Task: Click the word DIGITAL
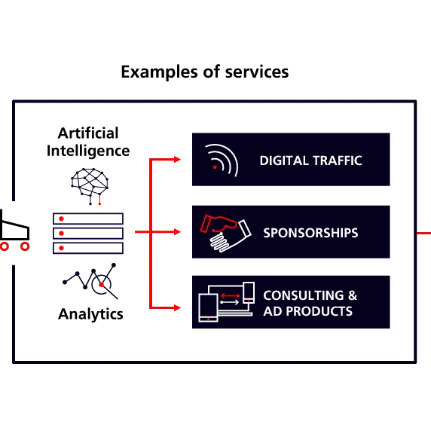pyautogui.click(x=284, y=160)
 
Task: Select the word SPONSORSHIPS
pyautogui.click(x=310, y=233)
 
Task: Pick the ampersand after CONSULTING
pyautogui.click(x=352, y=295)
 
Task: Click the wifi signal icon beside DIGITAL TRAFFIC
pyautogui.click(x=220, y=160)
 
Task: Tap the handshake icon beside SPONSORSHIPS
pyautogui.click(x=225, y=233)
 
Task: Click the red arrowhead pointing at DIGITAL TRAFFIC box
pyautogui.click(x=176, y=160)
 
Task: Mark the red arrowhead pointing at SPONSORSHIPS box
pyautogui.click(x=176, y=232)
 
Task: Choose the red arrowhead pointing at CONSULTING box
pyautogui.click(x=176, y=307)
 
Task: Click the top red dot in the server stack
pyautogui.click(x=62, y=219)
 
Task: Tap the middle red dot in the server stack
pyautogui.click(x=62, y=234)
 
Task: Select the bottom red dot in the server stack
pyautogui.click(x=62, y=248)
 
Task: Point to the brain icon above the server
pyautogui.click(x=89, y=180)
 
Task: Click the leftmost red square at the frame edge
pyautogui.click(x=5, y=246)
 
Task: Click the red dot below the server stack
pyautogui.click(x=100, y=285)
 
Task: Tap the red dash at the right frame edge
pyautogui.click(x=424, y=233)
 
